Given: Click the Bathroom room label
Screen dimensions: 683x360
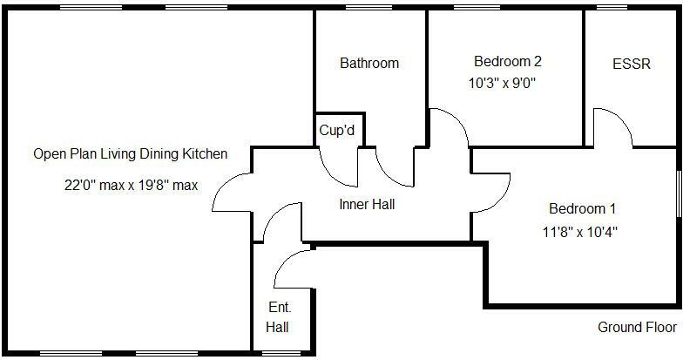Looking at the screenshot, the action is pyautogui.click(x=369, y=63).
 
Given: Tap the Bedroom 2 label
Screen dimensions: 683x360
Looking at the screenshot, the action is pyautogui.click(x=507, y=61).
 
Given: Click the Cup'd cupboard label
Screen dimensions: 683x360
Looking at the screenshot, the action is pyautogui.click(x=337, y=131).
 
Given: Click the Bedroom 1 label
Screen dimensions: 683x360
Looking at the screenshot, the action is pyautogui.click(x=582, y=208).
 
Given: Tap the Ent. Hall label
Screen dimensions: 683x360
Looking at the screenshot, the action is pyautogui.click(x=279, y=318).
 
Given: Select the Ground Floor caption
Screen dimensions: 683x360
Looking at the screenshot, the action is pyautogui.click(x=637, y=327).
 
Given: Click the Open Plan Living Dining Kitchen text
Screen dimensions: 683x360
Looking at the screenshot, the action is pyautogui.click(x=131, y=154).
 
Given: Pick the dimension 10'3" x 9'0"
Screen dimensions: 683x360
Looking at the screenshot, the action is pyautogui.click(x=502, y=84).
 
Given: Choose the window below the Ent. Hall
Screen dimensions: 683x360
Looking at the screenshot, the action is pyautogui.click(x=282, y=354).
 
